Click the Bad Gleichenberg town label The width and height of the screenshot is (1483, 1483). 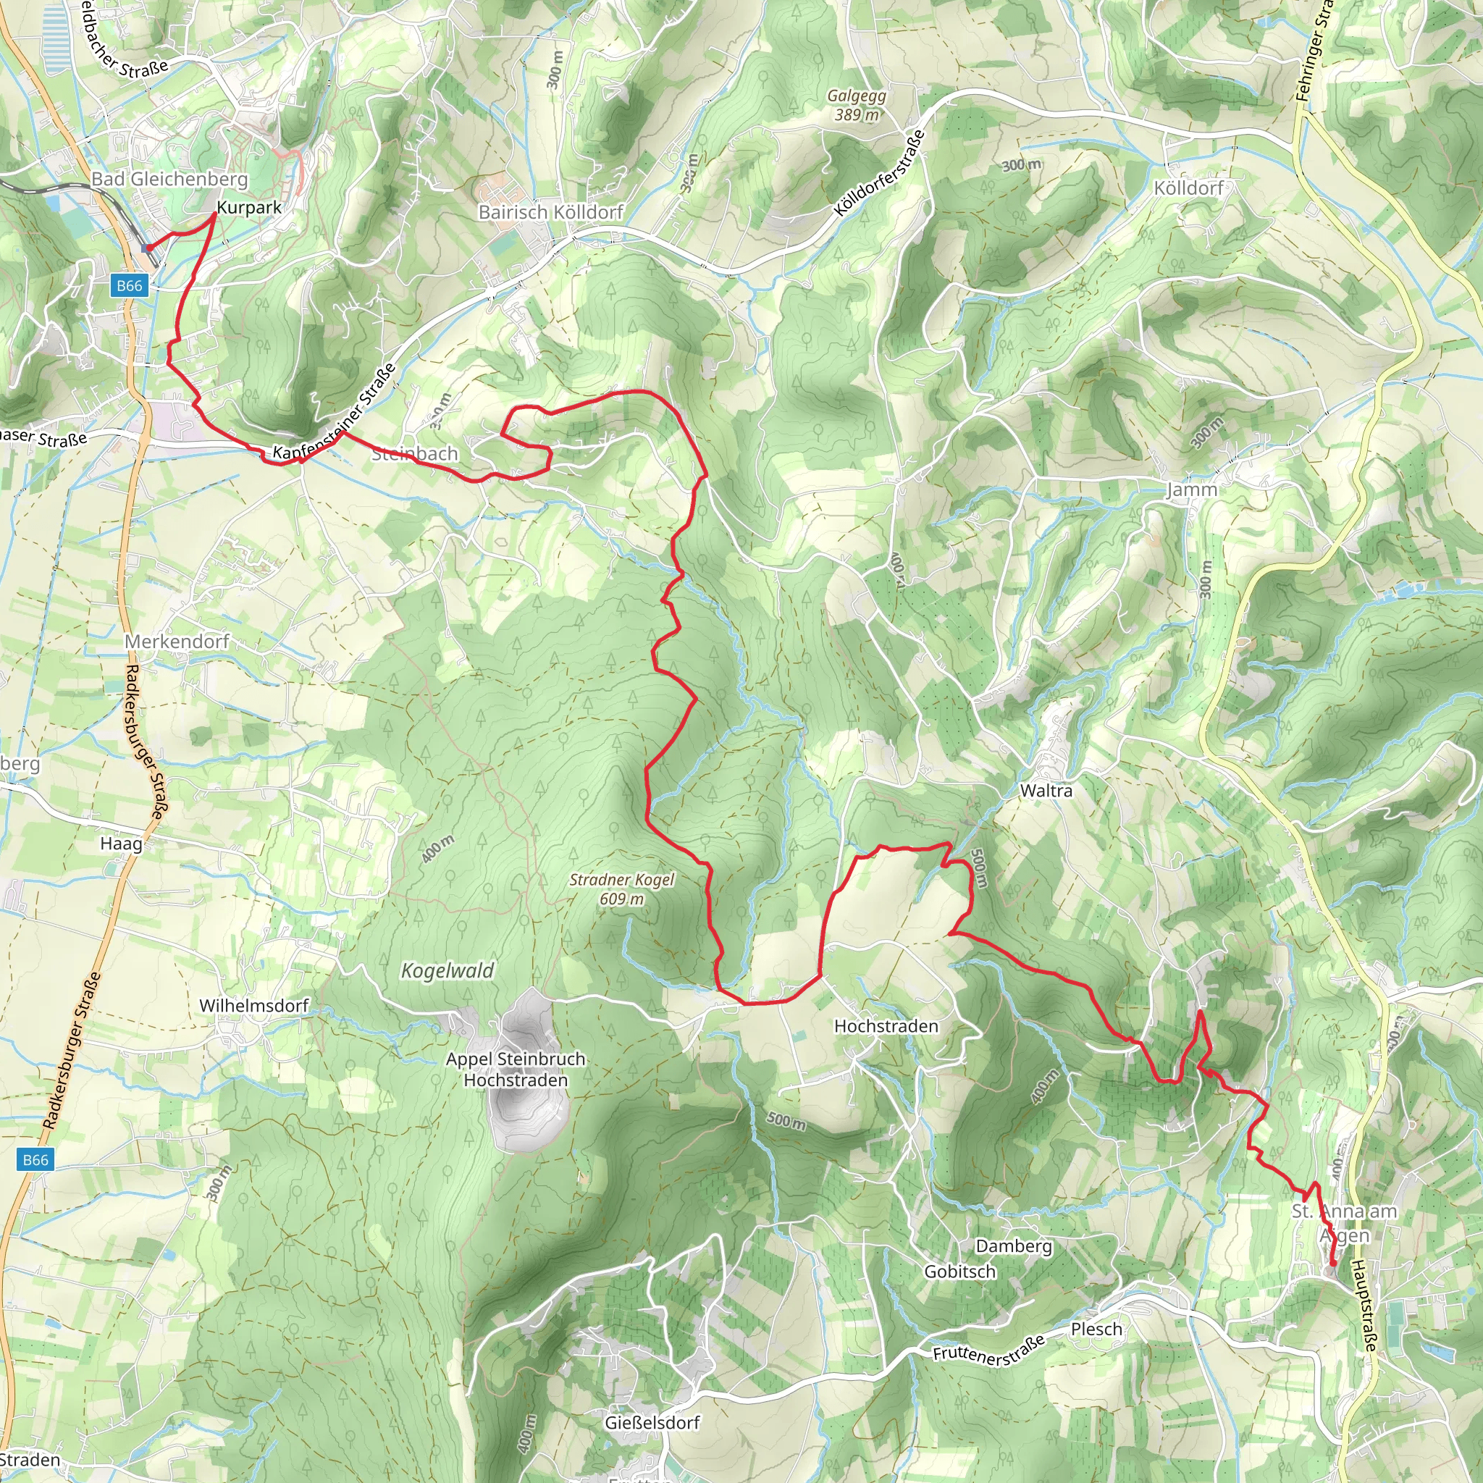coord(169,179)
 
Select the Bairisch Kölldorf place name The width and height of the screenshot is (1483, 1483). coord(550,212)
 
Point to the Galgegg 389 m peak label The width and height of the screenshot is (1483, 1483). coord(857,105)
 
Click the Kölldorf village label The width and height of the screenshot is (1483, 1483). coord(1188,188)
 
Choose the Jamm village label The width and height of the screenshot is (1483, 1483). coord(1191,490)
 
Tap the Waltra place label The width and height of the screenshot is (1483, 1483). coord(1046,791)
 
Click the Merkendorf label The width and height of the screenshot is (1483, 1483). coord(177,641)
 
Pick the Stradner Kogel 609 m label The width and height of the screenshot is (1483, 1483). coord(622,889)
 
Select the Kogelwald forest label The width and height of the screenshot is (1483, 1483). coord(448,971)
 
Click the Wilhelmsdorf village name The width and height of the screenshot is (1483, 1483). coord(253,1006)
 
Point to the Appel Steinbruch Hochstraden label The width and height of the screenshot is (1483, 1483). coord(516,1070)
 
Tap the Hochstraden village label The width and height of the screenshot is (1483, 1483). coord(886,1026)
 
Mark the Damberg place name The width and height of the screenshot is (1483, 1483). coord(1013,1245)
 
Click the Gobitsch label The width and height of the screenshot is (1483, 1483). coord(959,1271)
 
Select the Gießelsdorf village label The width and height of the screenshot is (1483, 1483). coord(652,1422)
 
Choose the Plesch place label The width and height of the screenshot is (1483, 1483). coord(1096,1329)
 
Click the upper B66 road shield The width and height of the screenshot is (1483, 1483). coord(129,286)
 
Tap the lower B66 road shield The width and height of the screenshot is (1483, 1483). coord(35,1159)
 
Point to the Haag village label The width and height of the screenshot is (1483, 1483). coord(121,844)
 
